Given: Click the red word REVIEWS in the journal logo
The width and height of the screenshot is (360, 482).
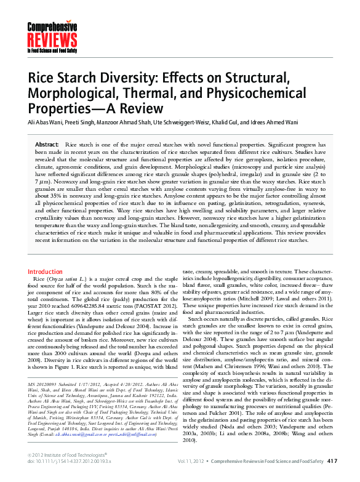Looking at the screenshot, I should (x=49, y=40).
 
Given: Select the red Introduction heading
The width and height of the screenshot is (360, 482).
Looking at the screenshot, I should (x=45, y=271).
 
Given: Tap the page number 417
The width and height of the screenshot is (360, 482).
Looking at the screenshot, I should (x=332, y=460).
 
